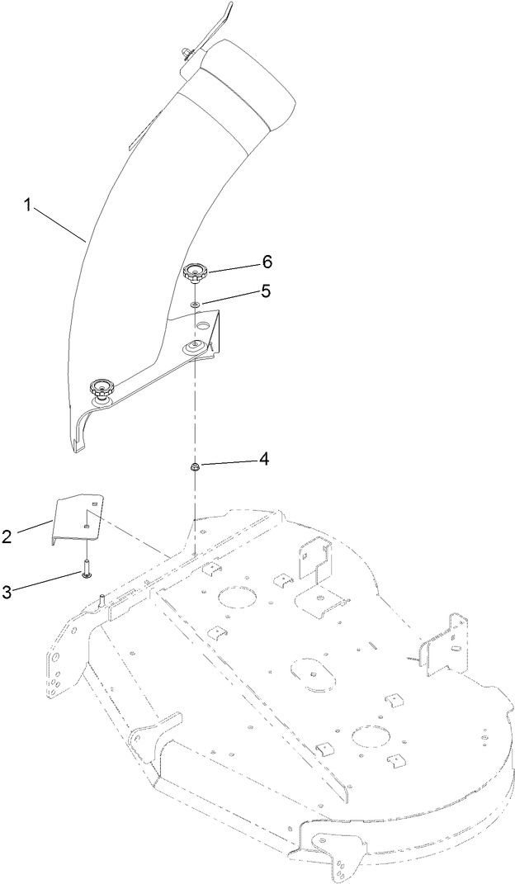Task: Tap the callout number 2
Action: tap(7, 537)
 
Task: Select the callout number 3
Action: tap(7, 590)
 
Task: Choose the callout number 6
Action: tap(266, 261)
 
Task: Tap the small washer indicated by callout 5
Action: tap(196, 305)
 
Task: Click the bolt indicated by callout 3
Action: tap(86, 570)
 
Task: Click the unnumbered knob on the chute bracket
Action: tap(102, 387)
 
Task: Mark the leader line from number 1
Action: tap(58, 224)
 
